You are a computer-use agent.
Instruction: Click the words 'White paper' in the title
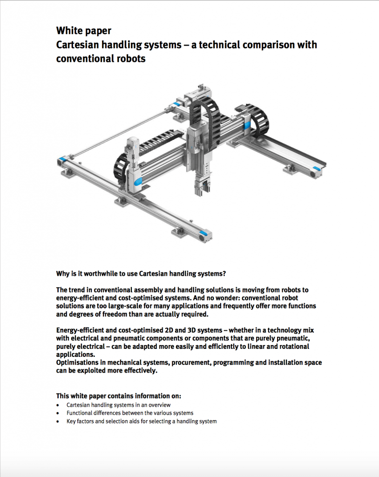point(84,31)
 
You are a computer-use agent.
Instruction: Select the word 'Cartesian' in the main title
point(80,45)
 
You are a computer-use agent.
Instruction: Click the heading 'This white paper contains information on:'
point(118,396)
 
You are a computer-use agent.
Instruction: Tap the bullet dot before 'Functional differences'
point(57,413)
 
